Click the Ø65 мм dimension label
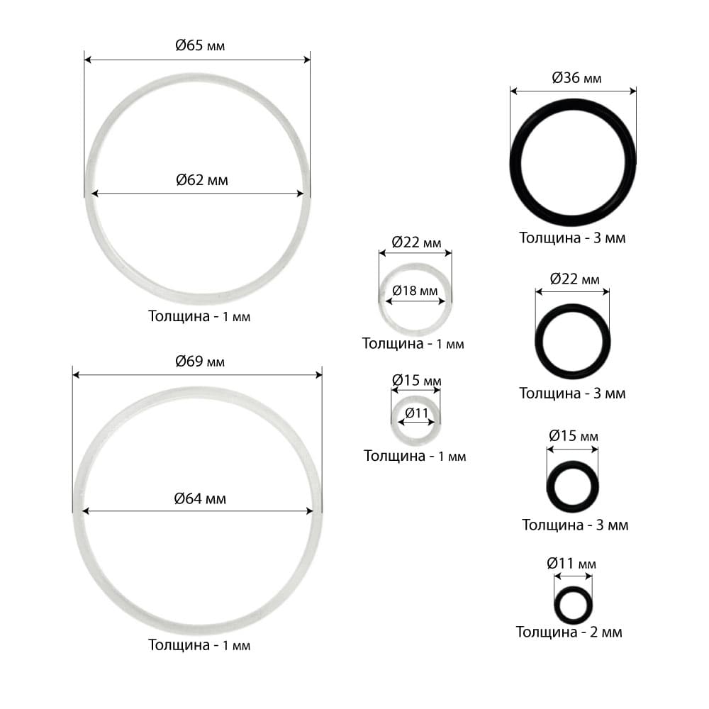tap(200, 45)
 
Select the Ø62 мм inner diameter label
tap(201, 180)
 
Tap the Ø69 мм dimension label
tap(200, 362)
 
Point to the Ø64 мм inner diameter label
tap(200, 498)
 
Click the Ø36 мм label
tap(576, 78)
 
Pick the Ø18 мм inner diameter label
tap(415, 290)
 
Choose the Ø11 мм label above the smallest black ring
tap(571, 564)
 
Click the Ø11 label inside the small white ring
tap(416, 413)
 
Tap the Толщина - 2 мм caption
tap(569, 632)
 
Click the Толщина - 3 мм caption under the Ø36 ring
tap(572, 238)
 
